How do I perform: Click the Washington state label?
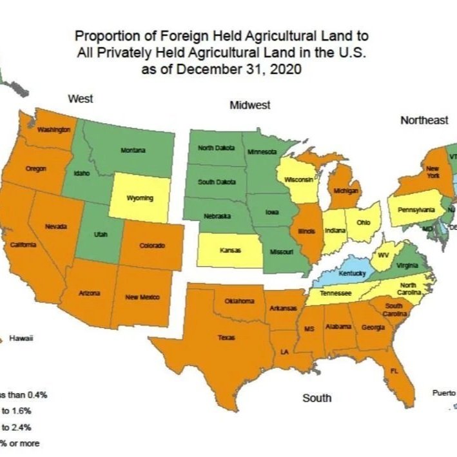coord(53,130)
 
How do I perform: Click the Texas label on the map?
coord(226,337)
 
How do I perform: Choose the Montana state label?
coord(133,150)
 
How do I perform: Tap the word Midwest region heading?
coord(249,105)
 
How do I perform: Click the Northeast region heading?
coord(423,121)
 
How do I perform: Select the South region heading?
coord(316,398)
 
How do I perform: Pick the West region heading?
coord(81,99)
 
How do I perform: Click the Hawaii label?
coord(21,338)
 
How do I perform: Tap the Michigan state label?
coord(346,191)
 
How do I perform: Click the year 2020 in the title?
coord(282,69)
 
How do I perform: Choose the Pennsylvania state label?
coord(415,210)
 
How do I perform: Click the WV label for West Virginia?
coord(381,255)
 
